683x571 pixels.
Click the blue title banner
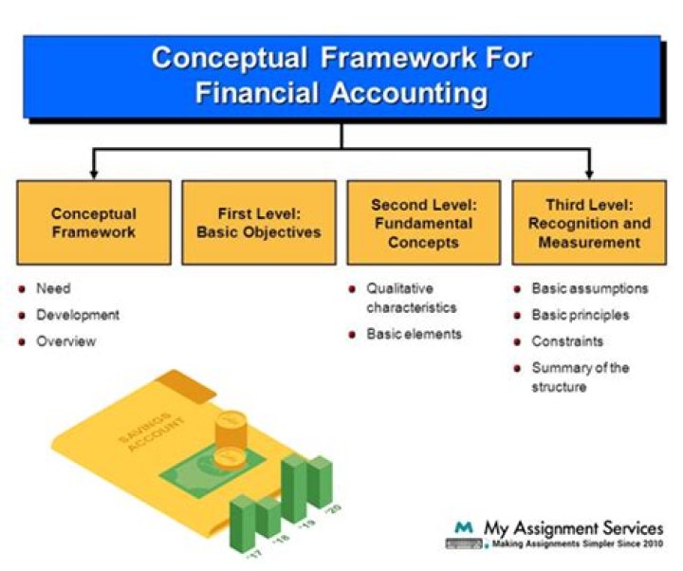(341, 75)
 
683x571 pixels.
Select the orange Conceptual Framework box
(94, 222)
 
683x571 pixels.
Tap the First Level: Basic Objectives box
(258, 222)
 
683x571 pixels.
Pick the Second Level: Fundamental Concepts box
(423, 222)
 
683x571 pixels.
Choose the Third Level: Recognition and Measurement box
(589, 222)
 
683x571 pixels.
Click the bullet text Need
(53, 288)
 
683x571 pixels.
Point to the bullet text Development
(78, 315)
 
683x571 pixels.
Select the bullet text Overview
(65, 341)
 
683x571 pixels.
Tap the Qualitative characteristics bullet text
(412, 298)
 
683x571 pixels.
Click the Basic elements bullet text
(415, 334)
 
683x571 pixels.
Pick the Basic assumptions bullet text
(590, 288)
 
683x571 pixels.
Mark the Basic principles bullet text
(581, 315)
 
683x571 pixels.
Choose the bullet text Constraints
(567, 341)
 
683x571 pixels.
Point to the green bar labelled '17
(244, 526)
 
